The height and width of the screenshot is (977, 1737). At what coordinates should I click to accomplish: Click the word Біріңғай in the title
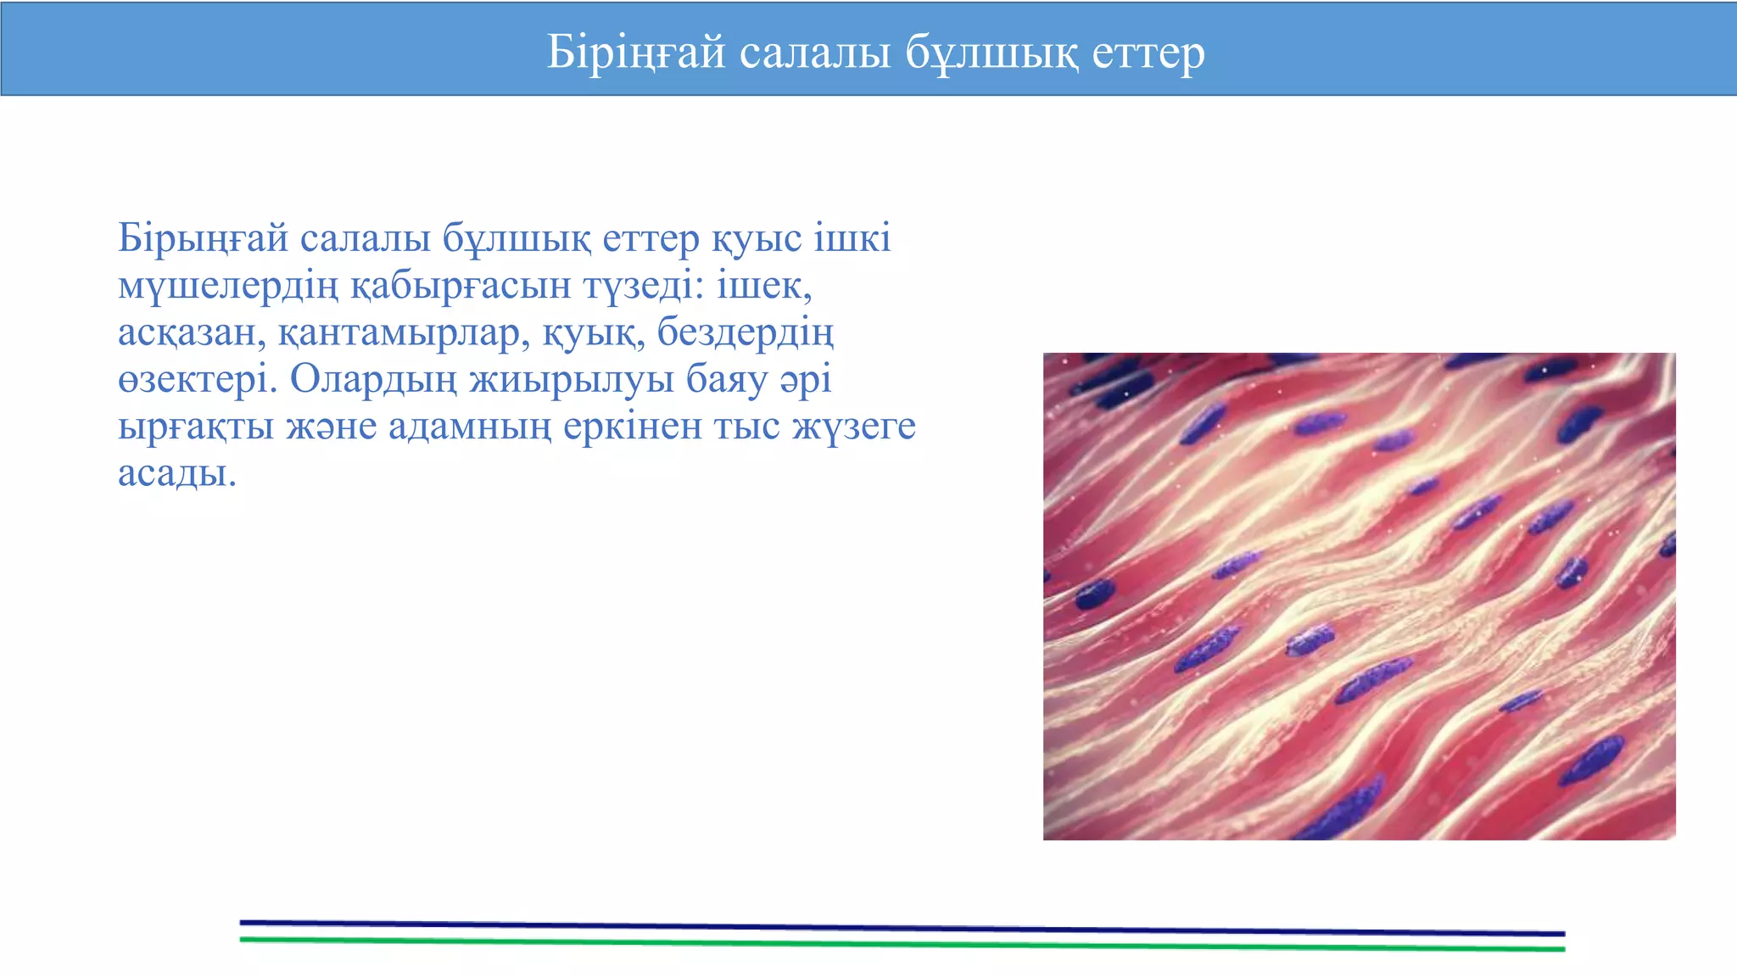636,53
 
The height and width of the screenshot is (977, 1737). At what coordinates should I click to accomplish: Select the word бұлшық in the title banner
991,53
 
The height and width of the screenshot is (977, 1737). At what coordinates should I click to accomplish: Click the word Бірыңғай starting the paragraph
204,238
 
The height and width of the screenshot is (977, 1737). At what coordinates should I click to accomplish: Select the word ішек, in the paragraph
764,286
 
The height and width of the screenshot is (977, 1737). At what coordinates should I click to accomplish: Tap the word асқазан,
192,332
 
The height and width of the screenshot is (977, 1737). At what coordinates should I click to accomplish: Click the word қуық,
593,332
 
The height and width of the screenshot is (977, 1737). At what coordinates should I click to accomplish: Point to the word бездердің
746,332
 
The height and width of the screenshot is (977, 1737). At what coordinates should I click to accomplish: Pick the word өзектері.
198,380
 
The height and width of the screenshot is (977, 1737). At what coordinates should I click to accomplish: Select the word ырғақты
195,427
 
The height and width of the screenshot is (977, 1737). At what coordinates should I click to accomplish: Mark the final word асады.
176,473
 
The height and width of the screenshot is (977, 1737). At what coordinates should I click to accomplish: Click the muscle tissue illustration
1359,596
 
